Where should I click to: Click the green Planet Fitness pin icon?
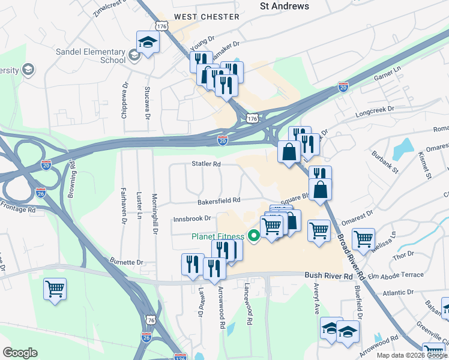pyautogui.click(x=254, y=236)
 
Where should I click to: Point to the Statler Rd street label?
pyautogui.click(x=206, y=164)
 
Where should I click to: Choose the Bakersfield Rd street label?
pyautogui.click(x=220, y=200)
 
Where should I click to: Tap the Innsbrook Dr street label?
pyautogui.click(x=192, y=218)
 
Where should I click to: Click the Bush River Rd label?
pyautogui.click(x=329, y=276)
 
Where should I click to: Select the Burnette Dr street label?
pyautogui.click(x=126, y=262)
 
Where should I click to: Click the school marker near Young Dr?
pyautogui.click(x=147, y=43)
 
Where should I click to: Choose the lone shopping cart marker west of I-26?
pyautogui.click(x=55, y=289)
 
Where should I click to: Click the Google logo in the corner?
pyautogui.click(x=20, y=353)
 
